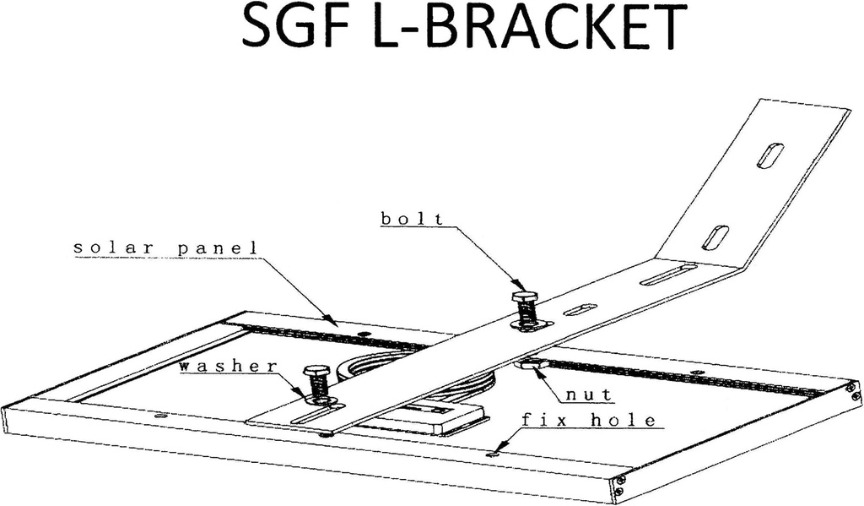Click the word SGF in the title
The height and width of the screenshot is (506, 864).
289,30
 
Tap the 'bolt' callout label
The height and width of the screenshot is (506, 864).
412,219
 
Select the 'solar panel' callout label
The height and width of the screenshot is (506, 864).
165,248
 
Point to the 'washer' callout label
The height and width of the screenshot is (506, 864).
228,366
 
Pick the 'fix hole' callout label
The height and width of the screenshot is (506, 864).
587,420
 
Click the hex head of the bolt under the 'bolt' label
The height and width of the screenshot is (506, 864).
525,297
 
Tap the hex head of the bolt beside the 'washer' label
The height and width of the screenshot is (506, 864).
317,372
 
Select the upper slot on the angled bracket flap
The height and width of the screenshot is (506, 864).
769,155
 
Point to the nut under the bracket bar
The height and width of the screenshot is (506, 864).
529,364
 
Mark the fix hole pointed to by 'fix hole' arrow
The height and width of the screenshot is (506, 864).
493,454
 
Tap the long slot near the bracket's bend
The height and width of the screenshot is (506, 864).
667,275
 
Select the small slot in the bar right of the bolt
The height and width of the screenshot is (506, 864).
580,309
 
